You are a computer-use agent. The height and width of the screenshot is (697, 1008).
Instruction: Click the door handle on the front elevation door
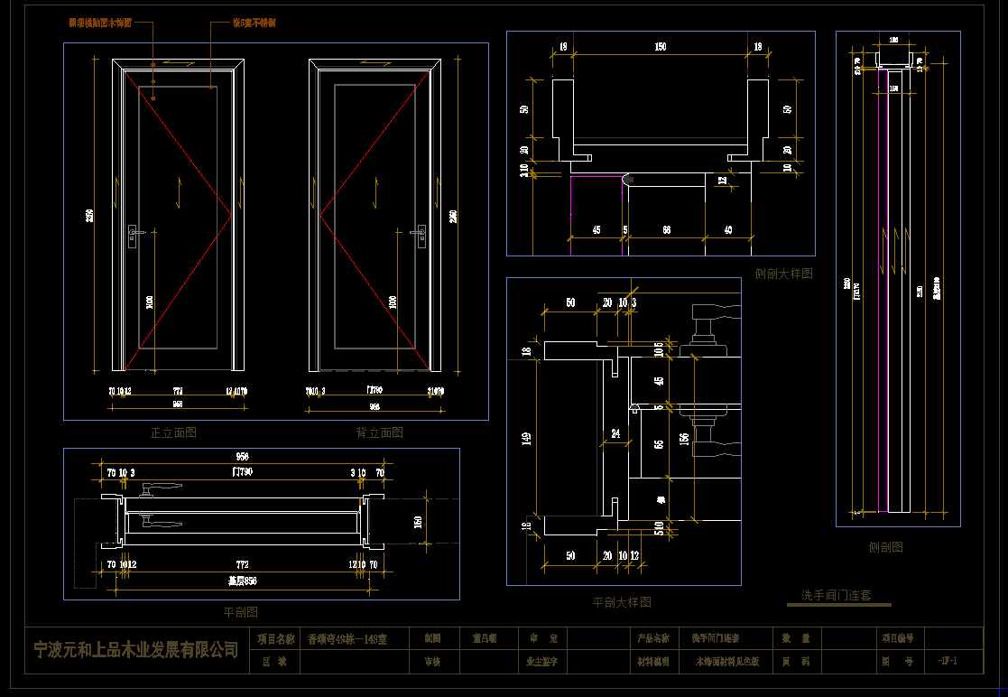134,237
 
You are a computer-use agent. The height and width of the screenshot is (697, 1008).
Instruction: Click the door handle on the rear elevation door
420,237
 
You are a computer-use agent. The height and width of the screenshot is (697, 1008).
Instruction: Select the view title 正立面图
173,432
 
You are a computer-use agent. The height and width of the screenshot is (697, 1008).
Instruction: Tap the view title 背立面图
380,432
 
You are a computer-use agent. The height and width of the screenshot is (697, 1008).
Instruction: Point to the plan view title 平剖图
241,612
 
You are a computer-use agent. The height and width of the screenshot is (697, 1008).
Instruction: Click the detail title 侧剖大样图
783,273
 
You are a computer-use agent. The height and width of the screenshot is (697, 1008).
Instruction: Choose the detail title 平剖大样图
621,601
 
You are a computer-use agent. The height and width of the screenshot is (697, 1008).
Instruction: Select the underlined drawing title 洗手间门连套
837,595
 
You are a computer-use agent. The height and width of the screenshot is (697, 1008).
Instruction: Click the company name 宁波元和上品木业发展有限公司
135,649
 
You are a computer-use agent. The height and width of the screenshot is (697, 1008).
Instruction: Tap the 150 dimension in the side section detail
661,47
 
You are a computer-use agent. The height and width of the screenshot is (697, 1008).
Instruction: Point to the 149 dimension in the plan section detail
527,439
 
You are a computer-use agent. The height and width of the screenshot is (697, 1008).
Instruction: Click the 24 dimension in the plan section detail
615,433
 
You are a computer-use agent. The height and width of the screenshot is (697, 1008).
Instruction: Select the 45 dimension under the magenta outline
596,230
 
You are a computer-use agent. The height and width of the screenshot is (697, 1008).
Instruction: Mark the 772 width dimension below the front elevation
178,391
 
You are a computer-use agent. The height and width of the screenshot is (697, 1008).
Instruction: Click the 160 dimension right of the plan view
418,521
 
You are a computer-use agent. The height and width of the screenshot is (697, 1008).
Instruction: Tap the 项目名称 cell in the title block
276,638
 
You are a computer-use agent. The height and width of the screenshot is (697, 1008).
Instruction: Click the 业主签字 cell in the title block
542,661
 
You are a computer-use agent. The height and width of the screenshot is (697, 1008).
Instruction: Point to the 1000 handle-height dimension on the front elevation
150,302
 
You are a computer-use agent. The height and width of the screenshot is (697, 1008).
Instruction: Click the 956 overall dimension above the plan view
242,456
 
